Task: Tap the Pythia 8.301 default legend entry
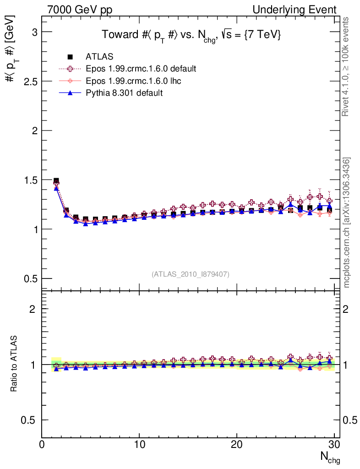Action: pyautogui.click(x=124, y=93)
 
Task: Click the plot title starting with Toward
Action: pyautogui.click(x=191, y=35)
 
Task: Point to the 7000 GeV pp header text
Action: pyautogui.click(x=80, y=10)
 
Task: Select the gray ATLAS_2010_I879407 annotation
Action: pyautogui.click(x=191, y=274)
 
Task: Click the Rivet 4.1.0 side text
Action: pyautogui.click(x=347, y=66)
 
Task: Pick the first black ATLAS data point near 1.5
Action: pyautogui.click(x=56, y=181)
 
